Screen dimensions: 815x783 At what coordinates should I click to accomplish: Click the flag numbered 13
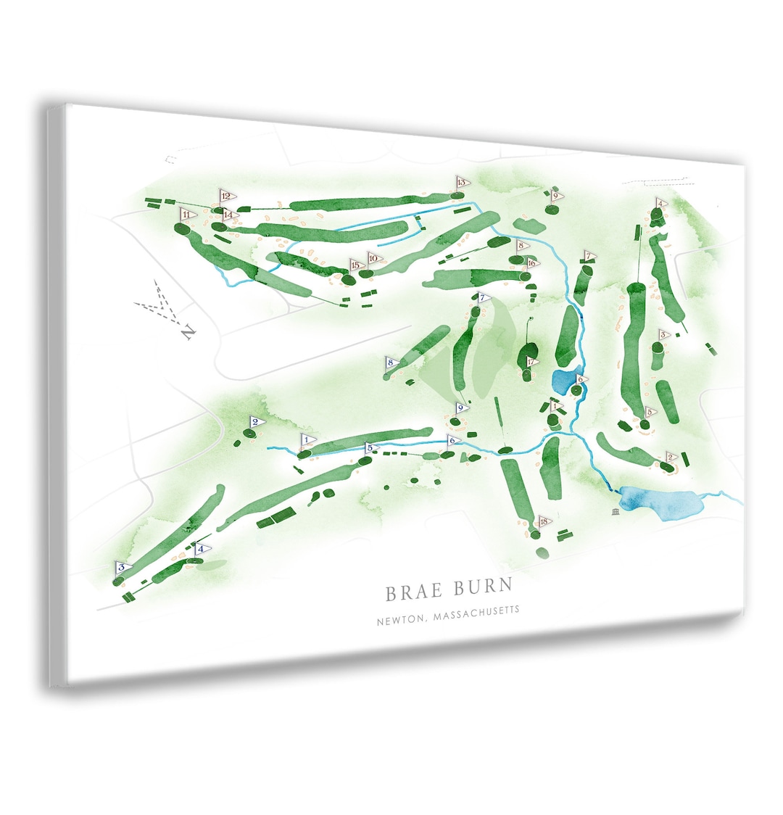[x=462, y=182]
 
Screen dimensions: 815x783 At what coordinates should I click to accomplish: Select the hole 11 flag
[x=188, y=215]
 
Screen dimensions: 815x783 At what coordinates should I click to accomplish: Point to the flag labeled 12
[x=227, y=196]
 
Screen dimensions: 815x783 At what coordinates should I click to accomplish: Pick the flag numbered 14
[x=230, y=215]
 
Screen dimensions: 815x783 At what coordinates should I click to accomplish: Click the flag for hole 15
[x=356, y=265]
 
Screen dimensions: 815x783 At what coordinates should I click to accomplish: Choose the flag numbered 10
[x=374, y=257]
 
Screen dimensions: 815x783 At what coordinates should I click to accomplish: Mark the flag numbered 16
[x=533, y=262]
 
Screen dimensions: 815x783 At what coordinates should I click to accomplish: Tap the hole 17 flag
[x=533, y=362]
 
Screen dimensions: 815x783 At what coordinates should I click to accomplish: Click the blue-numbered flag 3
[x=123, y=567]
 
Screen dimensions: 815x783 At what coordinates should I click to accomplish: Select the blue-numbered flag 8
[x=391, y=363]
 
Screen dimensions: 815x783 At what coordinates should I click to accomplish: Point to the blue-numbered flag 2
[x=257, y=422]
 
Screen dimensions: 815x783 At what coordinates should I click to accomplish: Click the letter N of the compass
[x=188, y=333]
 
